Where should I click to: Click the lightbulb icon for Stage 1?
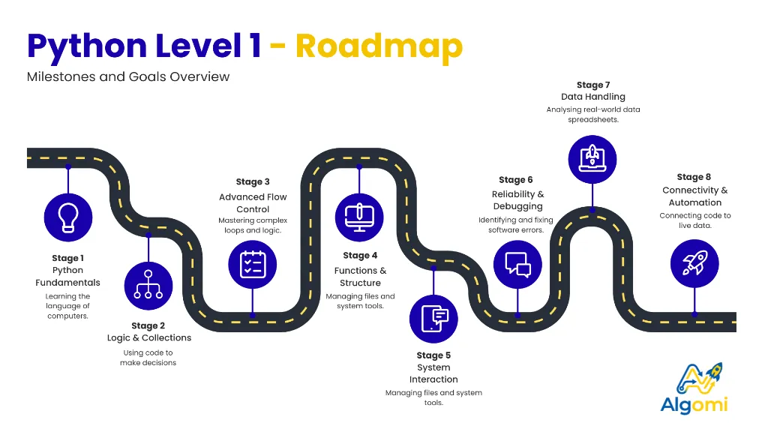click(x=68, y=214)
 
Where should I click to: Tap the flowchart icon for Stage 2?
click(x=148, y=285)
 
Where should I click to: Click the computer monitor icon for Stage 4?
click(x=359, y=214)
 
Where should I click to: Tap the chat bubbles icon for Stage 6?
click(x=517, y=265)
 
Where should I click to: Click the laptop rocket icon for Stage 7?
click(x=592, y=158)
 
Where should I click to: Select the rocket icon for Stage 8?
click(x=694, y=263)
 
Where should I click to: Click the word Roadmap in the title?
click(x=379, y=46)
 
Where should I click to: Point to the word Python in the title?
click(x=87, y=46)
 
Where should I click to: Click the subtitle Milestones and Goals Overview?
click(x=128, y=76)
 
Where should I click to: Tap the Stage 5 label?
click(x=433, y=355)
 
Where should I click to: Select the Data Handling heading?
click(x=592, y=97)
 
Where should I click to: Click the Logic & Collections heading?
click(x=148, y=338)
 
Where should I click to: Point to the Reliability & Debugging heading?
click(x=517, y=200)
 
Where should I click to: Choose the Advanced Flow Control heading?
click(x=253, y=202)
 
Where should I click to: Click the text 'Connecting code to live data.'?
click(x=694, y=220)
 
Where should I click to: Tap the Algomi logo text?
click(x=694, y=405)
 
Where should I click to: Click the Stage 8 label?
click(x=694, y=177)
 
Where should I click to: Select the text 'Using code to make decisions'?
click(x=148, y=358)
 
